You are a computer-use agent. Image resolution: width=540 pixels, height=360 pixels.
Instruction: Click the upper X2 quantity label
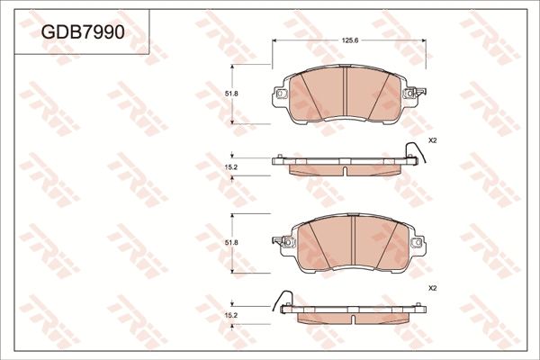(432, 141)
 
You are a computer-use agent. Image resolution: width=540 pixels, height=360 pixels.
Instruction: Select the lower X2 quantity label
(432, 288)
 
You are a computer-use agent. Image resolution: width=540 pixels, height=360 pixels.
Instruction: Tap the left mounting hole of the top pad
(281, 94)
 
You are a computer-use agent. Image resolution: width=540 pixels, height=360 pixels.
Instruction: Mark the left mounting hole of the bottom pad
(281, 241)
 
